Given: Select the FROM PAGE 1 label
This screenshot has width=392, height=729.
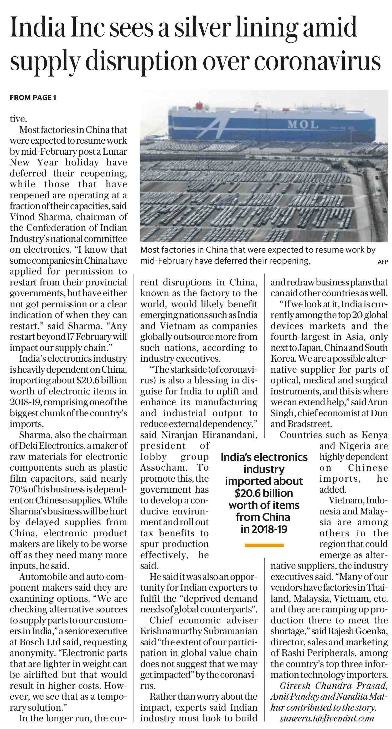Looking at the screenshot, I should point(33,98).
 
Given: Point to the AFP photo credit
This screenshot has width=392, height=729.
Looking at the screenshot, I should point(383,262).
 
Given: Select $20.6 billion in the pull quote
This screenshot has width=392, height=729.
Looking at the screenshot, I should point(264,493).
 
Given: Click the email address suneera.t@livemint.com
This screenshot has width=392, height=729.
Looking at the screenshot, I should point(327,718).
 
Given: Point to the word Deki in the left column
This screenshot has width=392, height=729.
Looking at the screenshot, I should point(28,446).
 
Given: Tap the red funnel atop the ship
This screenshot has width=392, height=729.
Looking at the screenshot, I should point(199,106).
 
